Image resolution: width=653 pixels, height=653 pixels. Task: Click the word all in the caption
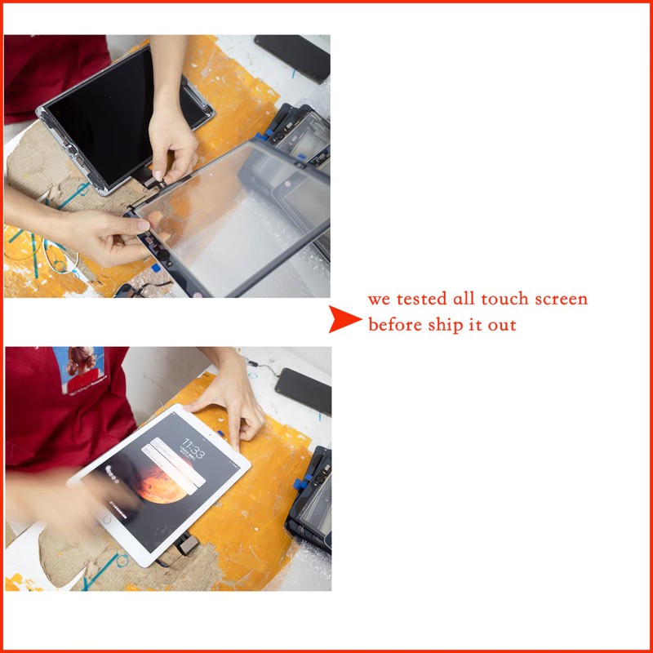tap(464, 299)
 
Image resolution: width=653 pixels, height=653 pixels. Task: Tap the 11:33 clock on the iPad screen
tap(194, 448)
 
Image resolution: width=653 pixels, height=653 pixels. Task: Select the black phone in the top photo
tap(292, 57)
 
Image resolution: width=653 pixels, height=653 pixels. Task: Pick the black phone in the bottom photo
tap(304, 391)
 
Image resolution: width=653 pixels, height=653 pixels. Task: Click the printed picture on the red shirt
tap(79, 371)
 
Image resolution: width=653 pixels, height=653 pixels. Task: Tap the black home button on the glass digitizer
tap(163, 255)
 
